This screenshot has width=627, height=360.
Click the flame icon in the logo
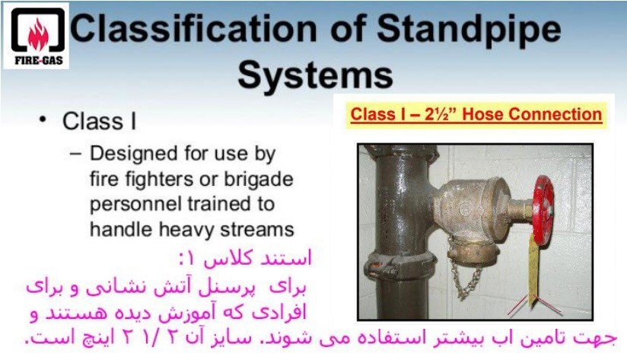coord(38,35)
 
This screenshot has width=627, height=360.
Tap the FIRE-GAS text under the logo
coord(39,61)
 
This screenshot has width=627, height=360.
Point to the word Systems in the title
coord(316,75)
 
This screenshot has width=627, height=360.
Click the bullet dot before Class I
coord(43,119)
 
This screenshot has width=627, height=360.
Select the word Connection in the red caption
coord(555,114)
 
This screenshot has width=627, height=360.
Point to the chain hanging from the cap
coord(465,281)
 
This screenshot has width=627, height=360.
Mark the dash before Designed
coord(75,154)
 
